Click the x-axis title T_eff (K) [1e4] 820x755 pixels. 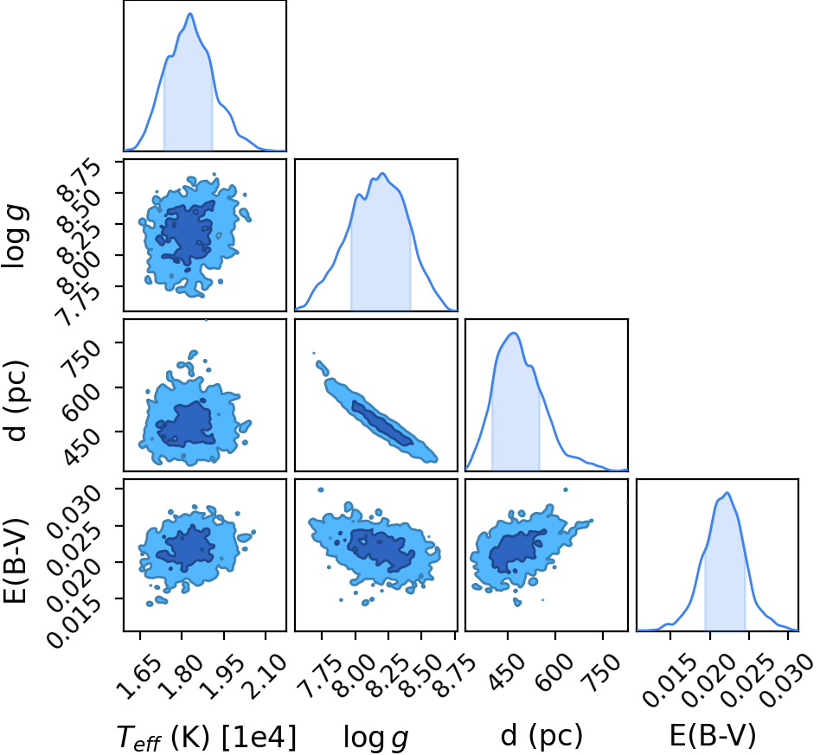[206, 737]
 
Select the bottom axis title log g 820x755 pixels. [375, 739]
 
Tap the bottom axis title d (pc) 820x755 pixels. [541, 736]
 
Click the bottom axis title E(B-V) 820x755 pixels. [713, 736]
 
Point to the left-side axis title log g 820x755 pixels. [16, 237]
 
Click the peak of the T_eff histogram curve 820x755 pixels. [189, 14]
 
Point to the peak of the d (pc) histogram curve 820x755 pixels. [514, 333]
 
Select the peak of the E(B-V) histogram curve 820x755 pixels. [727, 493]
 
